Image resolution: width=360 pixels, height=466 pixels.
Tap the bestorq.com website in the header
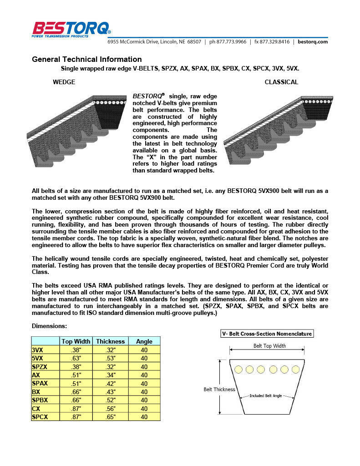pos(313,41)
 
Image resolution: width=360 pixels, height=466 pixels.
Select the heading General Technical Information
pos(86,59)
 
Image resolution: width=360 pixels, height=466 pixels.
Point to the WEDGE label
pos(64,82)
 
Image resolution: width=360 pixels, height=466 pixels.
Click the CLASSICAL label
pos(281,82)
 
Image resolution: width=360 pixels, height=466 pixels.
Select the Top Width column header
pos(76,341)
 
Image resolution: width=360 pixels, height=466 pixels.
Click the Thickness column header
pos(110,341)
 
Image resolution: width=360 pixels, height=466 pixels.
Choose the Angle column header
pos(144,341)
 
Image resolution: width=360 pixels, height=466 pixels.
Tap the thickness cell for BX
pos(110,392)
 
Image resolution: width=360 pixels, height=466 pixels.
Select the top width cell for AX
pos(76,375)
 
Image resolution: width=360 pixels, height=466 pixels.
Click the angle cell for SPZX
pos(144,367)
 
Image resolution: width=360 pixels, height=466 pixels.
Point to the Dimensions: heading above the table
pos(49,326)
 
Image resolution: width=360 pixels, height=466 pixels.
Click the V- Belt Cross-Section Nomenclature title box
pos(267,334)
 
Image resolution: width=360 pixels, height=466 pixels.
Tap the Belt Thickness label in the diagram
pos(219,390)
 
